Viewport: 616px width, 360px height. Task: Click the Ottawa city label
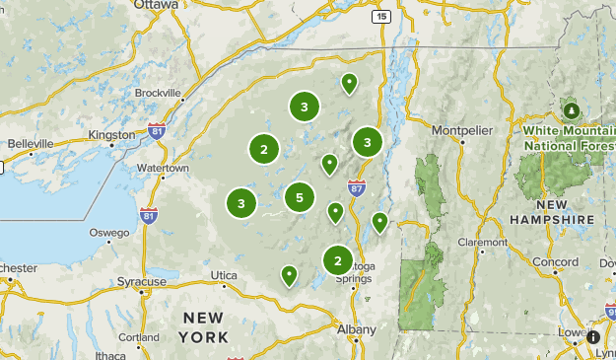[158, 5]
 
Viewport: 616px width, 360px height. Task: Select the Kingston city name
[111, 134]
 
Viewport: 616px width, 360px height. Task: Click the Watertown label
[163, 168]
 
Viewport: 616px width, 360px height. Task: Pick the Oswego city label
[109, 233]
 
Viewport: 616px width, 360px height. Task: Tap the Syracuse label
[142, 281]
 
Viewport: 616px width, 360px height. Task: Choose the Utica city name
[224, 275]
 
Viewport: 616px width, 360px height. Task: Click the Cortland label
[139, 336]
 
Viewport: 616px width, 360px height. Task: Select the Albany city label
[356, 329]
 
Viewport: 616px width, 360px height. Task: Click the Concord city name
[556, 262]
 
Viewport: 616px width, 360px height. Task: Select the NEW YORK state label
[204, 327]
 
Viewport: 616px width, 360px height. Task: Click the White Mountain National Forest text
[569, 137]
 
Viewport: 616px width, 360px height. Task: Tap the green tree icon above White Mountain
[572, 108]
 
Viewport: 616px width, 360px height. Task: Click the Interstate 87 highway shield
[357, 186]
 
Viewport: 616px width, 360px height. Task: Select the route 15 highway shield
[381, 16]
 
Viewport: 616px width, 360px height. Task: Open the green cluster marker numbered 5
[300, 197]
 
